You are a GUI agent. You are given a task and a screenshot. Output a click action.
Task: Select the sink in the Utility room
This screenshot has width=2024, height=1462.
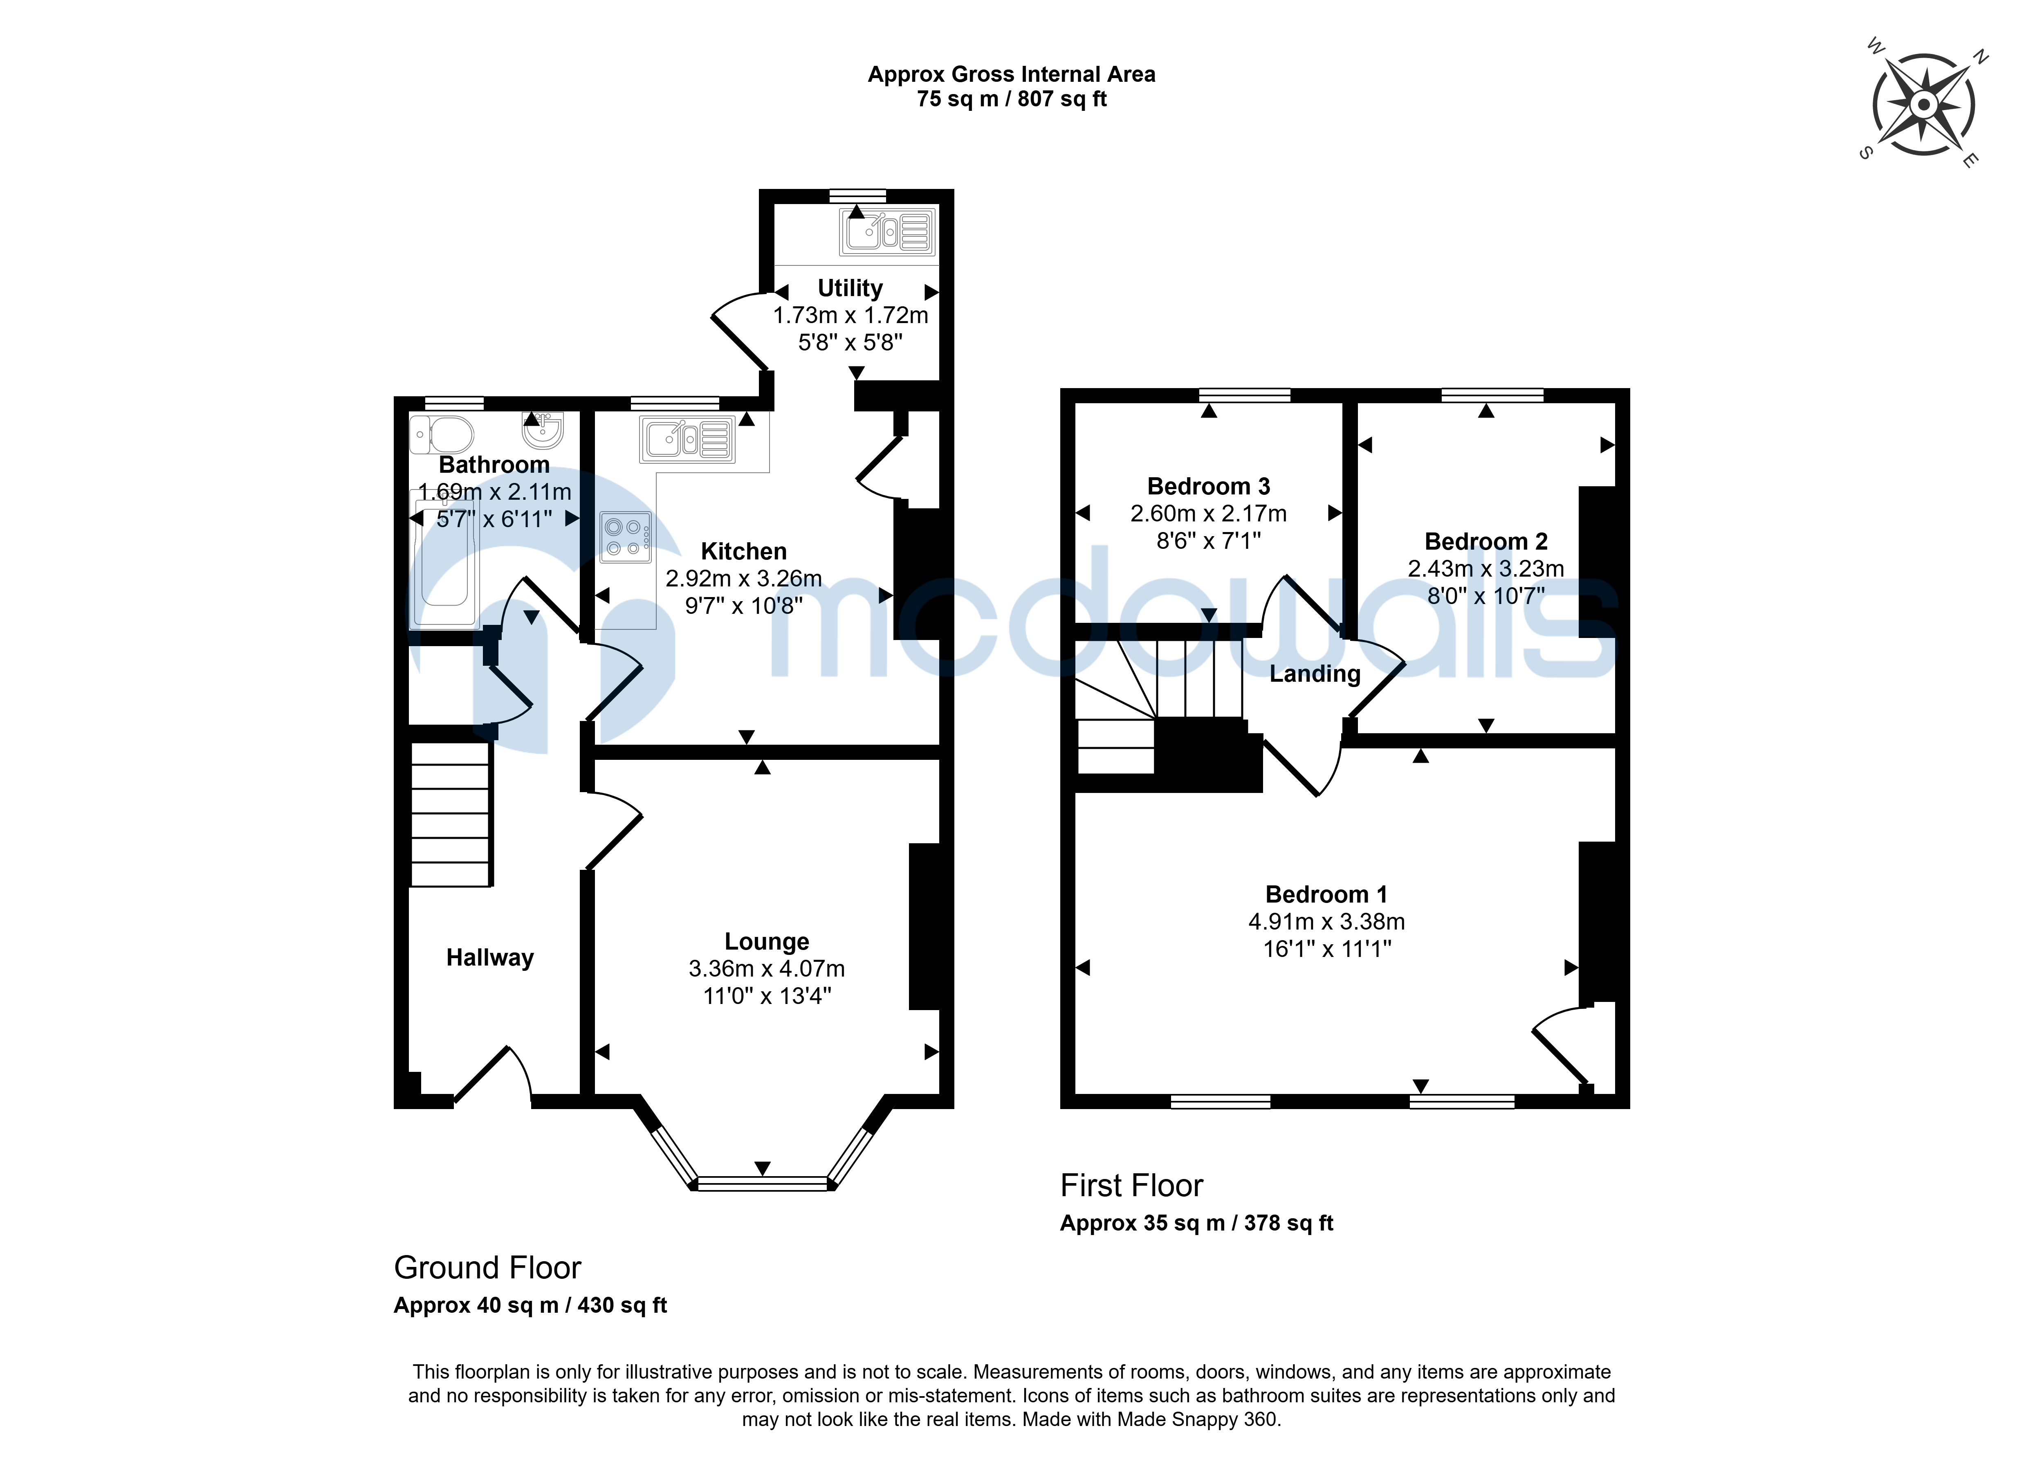click(x=887, y=231)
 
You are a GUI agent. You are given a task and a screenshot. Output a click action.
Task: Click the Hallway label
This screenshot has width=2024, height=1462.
click(x=490, y=958)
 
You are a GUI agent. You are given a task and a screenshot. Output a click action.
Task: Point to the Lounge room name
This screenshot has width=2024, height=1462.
click(x=767, y=942)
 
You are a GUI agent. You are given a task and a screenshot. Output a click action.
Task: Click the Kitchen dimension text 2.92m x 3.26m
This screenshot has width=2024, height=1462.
click(x=743, y=578)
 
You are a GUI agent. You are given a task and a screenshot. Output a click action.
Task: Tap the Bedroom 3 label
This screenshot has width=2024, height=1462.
click(x=1208, y=486)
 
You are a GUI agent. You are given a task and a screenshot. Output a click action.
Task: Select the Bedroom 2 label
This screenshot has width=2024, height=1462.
click(x=1486, y=542)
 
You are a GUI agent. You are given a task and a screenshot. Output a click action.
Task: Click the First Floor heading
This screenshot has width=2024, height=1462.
click(x=1131, y=1185)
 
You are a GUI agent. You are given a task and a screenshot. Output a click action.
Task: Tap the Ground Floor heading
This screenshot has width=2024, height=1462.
click(x=487, y=1267)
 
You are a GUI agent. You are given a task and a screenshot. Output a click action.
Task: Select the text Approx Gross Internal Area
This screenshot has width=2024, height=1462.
click(x=1011, y=74)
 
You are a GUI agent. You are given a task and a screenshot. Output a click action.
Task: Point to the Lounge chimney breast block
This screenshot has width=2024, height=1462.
click(x=924, y=926)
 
